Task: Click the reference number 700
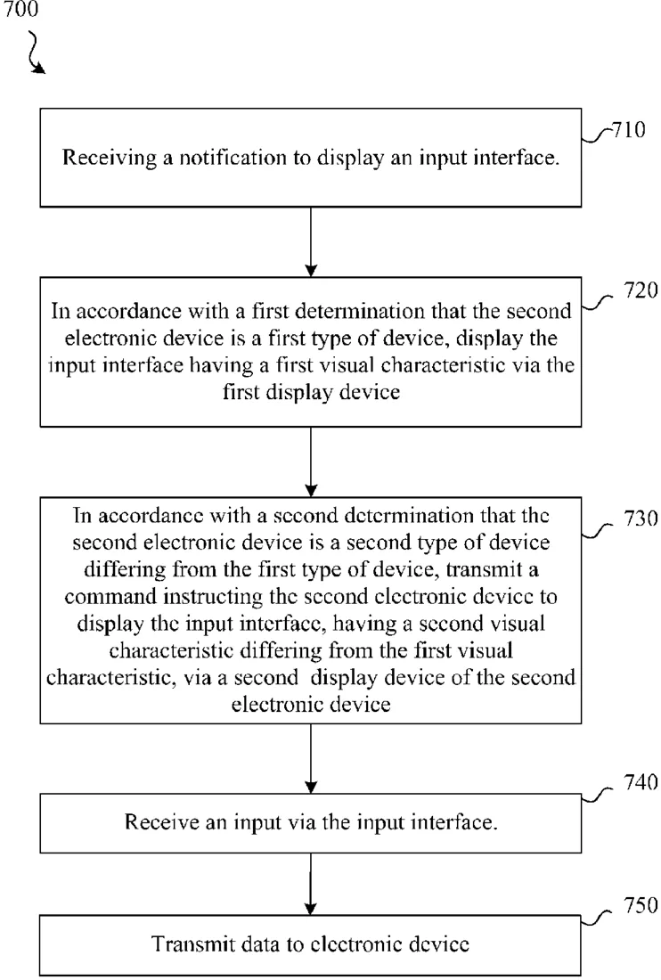[x=21, y=9]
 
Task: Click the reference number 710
[x=628, y=130]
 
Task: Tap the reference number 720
[x=641, y=290]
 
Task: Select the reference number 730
[x=641, y=519]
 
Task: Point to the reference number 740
[x=641, y=782]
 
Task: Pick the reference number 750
[x=641, y=905]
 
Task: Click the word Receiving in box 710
[x=110, y=158]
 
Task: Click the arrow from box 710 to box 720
[x=311, y=241]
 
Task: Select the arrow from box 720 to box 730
[x=311, y=461]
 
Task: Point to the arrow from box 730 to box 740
[x=311, y=759]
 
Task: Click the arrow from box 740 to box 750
[x=311, y=885]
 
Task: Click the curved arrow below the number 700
[x=34, y=53]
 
